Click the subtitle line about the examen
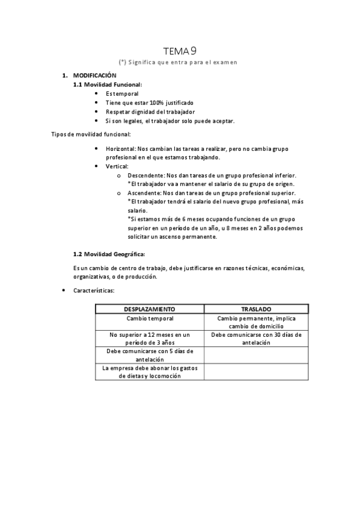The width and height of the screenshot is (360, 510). click(x=179, y=62)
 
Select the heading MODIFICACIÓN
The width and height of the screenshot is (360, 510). click(x=94, y=76)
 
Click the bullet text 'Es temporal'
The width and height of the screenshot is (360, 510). click(x=122, y=94)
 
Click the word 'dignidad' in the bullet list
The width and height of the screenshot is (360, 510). click(x=148, y=112)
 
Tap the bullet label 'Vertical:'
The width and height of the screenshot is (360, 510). click(x=117, y=166)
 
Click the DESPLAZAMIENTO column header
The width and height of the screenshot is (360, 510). click(x=150, y=309)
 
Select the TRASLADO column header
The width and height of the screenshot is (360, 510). click(x=256, y=309)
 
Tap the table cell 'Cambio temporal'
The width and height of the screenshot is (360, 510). click(x=150, y=318)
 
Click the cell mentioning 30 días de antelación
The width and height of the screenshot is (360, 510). click(x=256, y=339)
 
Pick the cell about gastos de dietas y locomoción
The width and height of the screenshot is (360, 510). click(x=150, y=372)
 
